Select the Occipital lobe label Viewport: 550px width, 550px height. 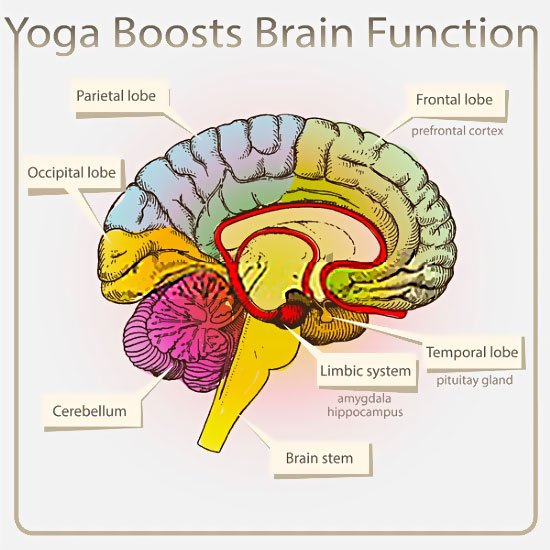[x=71, y=172]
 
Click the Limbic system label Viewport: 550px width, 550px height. [x=364, y=371]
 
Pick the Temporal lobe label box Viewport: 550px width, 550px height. [x=472, y=352]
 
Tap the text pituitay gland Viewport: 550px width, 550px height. [x=474, y=380]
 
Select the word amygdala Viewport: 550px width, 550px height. [x=364, y=397]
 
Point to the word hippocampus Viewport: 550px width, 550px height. [x=364, y=411]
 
